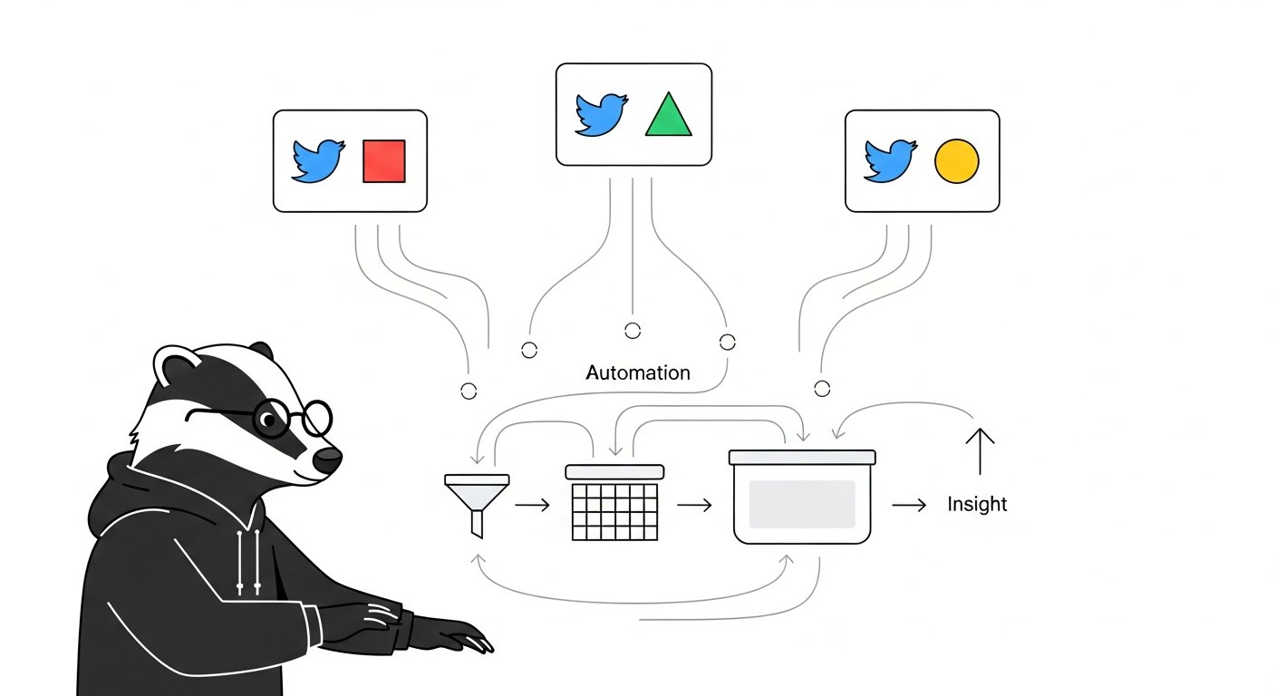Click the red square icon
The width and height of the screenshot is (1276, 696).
(383, 161)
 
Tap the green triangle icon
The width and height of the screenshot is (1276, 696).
(668, 116)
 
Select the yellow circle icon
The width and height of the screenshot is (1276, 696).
(956, 161)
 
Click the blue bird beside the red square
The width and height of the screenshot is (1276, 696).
(318, 161)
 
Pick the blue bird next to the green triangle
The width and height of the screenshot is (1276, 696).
(601, 114)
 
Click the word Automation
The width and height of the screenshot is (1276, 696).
(637, 372)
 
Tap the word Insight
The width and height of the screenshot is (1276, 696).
(976, 505)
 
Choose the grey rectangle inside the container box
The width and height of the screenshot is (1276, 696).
(802, 504)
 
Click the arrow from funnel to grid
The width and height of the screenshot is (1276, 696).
(532, 505)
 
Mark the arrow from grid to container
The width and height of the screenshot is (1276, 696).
(694, 505)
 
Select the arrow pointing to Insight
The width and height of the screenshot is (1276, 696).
(909, 505)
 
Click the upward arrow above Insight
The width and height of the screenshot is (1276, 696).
(980, 450)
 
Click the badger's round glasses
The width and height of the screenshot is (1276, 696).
(292, 418)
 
